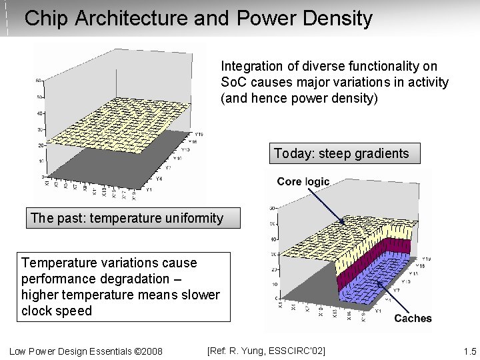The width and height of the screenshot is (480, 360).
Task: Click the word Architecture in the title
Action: (x=131, y=19)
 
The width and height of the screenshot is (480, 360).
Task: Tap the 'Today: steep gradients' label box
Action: (x=341, y=154)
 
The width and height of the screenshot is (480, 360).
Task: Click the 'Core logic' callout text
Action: (x=303, y=181)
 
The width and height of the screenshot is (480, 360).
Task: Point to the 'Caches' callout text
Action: (x=413, y=318)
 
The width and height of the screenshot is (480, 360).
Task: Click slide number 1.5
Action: (x=469, y=351)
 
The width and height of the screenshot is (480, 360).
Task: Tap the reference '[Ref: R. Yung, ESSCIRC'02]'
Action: (x=266, y=351)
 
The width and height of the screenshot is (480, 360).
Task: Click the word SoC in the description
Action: (x=231, y=83)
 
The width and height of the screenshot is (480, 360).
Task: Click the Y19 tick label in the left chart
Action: (x=199, y=134)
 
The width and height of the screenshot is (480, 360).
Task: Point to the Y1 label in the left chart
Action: (x=149, y=189)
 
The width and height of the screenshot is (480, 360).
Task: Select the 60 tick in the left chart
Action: (x=39, y=81)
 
